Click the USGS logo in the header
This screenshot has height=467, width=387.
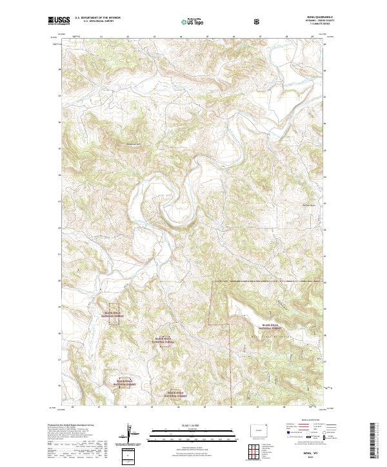59,21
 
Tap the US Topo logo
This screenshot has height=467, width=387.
193,21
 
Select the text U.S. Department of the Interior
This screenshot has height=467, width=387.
98,17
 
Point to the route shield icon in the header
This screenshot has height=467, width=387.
258,21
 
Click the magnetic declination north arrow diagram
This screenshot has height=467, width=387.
128,434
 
